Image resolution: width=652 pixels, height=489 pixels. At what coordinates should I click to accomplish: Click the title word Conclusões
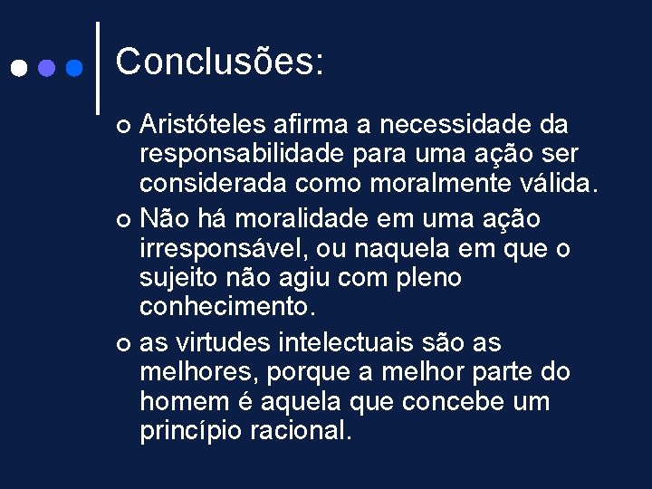click(x=219, y=62)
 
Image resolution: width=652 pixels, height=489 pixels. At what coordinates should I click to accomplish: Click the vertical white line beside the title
click(x=98, y=68)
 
